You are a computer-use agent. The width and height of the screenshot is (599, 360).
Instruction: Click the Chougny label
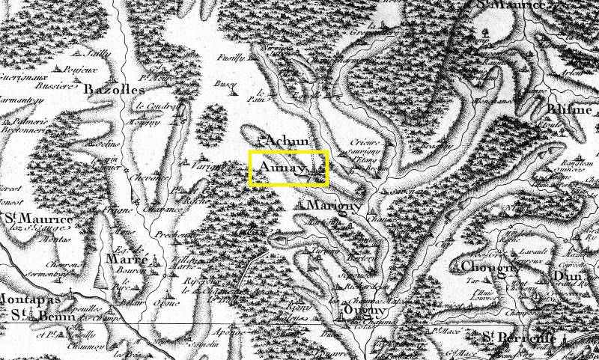(x=490, y=267)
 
